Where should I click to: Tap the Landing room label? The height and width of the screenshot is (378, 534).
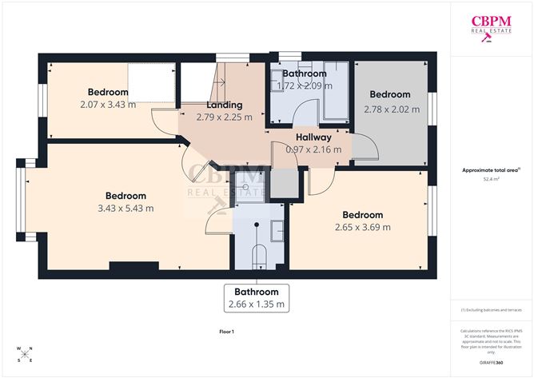(x=224, y=105)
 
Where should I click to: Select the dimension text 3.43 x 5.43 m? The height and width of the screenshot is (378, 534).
(x=126, y=208)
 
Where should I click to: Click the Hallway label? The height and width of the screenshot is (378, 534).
(x=313, y=137)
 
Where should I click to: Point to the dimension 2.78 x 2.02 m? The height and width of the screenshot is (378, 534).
(x=392, y=109)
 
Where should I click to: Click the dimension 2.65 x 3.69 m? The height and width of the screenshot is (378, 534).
(x=363, y=227)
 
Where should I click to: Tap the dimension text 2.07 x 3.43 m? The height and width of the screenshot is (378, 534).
(x=108, y=104)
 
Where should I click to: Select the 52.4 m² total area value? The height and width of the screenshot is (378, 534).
(x=491, y=180)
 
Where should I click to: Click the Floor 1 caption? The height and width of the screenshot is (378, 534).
(x=226, y=331)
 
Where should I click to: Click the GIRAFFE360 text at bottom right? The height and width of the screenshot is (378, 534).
(x=492, y=363)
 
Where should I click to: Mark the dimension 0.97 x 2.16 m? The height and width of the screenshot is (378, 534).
(x=313, y=149)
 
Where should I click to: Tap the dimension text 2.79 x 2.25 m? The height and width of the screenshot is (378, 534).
(x=224, y=117)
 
